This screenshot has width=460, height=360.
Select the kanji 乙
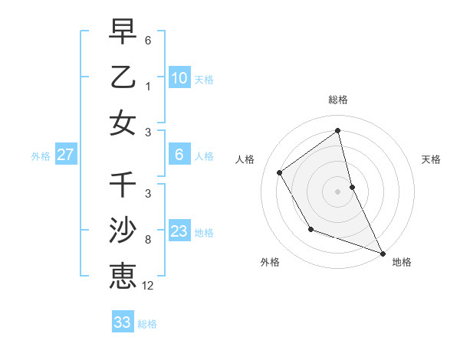click(x=123, y=77)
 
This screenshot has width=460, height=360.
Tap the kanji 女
click(x=123, y=123)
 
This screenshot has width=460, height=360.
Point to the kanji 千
click(x=123, y=185)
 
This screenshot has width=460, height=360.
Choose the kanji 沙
click(x=123, y=231)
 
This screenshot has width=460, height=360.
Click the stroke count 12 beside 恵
click(x=148, y=286)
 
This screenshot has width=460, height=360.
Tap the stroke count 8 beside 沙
click(x=148, y=240)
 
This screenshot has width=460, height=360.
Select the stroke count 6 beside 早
click(x=148, y=40)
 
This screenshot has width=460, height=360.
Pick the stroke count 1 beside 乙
click(x=148, y=87)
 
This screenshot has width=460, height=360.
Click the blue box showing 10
click(x=179, y=77)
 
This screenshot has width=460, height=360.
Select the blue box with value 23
click(x=179, y=231)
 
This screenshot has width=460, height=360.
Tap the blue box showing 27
click(x=65, y=155)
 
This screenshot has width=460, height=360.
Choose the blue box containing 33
click(x=123, y=322)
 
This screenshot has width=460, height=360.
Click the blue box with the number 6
click(x=179, y=155)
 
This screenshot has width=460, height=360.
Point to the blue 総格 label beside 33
click(x=147, y=324)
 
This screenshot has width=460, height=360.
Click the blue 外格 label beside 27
click(x=41, y=156)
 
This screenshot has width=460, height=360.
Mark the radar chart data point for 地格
click(x=383, y=253)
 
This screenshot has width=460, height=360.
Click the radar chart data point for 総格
click(x=337, y=130)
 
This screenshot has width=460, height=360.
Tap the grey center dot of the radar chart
click(x=337, y=191)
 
